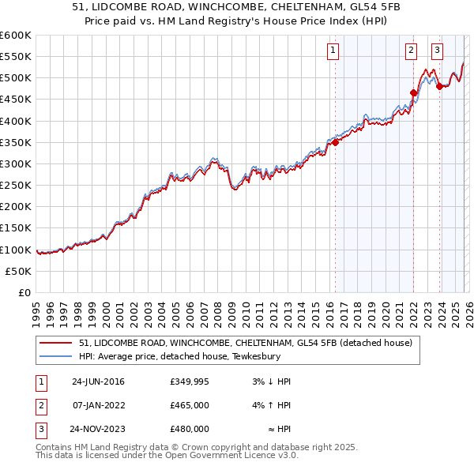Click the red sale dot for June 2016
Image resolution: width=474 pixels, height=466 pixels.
335,142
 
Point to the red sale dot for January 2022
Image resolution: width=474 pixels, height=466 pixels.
413,92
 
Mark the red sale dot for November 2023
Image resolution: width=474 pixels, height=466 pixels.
439,86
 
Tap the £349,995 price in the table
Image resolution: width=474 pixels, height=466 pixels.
190,381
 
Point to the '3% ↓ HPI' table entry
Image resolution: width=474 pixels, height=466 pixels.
272,381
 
